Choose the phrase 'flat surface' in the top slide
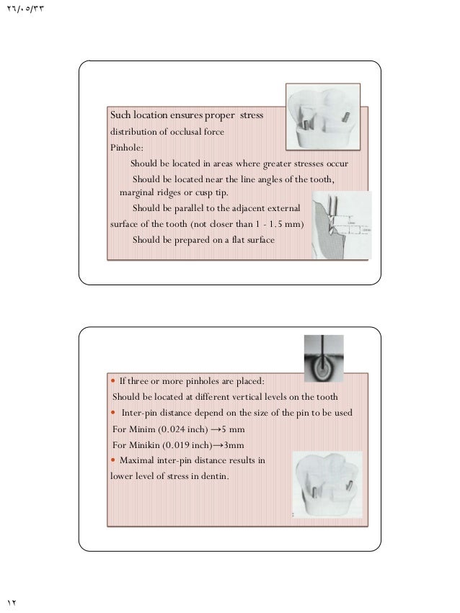point(250,240)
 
